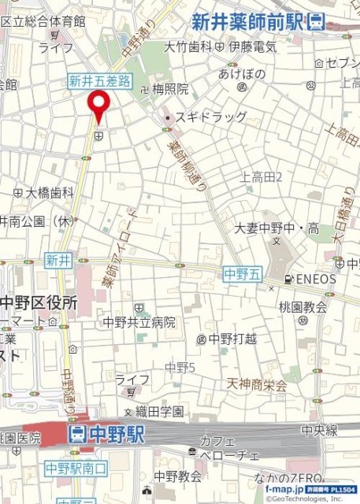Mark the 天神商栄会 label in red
pos(257,385)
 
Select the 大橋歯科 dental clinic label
pos(49,191)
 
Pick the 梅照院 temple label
pos(170,90)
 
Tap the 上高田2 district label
pos(262,176)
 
